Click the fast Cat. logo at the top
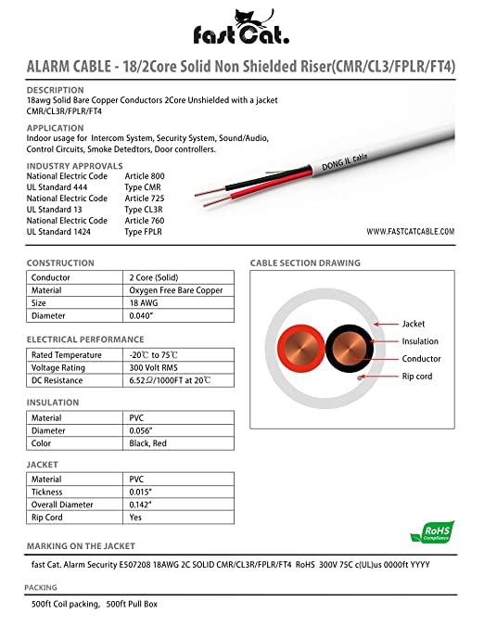point(242,26)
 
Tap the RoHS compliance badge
point(433,531)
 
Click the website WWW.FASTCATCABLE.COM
point(410,231)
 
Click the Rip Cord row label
point(49,518)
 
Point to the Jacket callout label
point(414,325)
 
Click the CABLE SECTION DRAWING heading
point(305,263)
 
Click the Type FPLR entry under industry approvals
point(146,231)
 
